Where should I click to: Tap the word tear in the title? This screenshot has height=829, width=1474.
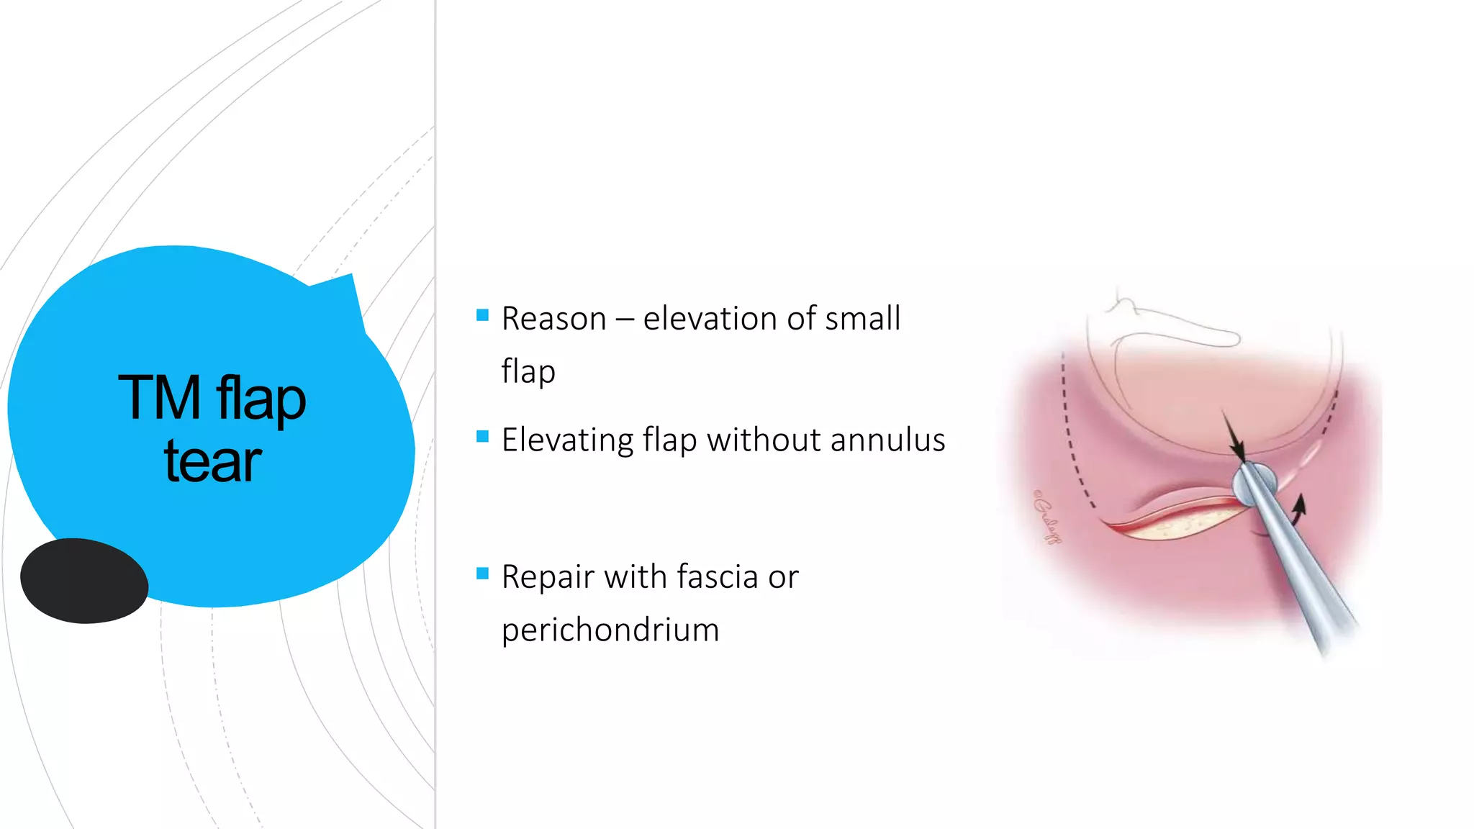coord(212,461)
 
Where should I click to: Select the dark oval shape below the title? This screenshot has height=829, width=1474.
coord(84,580)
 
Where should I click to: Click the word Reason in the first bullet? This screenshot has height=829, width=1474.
coord(553,319)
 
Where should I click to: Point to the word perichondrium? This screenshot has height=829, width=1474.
coord(610,630)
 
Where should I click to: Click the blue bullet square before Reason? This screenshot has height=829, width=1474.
coord(482,314)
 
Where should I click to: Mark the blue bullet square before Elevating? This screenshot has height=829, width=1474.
coord(482,436)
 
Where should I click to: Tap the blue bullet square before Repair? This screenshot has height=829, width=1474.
coord(482,573)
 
